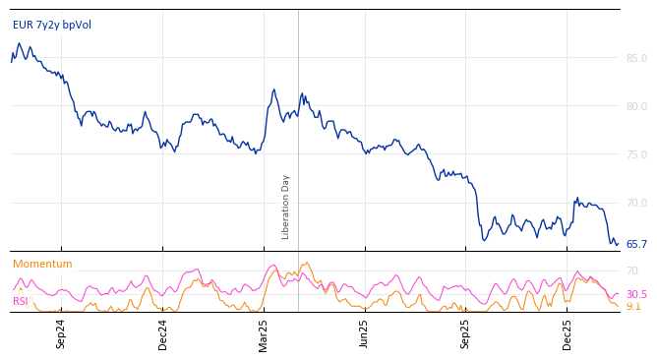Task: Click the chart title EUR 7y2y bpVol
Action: tap(52, 25)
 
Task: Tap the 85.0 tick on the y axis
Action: tap(636, 58)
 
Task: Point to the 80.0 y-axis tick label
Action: tap(636, 106)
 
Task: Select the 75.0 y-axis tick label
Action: tap(636, 154)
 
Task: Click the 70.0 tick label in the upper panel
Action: tap(636, 203)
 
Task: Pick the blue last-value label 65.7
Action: tap(636, 244)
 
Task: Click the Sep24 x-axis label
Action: tap(61, 332)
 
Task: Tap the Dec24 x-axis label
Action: tap(163, 332)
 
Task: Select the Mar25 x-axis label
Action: tap(264, 332)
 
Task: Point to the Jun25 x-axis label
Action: tap(365, 332)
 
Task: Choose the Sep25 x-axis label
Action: tap(466, 332)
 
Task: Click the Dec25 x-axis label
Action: tap(567, 332)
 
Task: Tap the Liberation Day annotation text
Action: tap(286, 207)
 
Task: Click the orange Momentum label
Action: tap(42, 264)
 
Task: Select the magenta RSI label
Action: tap(20, 301)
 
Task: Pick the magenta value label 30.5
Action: tap(636, 294)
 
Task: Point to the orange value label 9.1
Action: tap(633, 306)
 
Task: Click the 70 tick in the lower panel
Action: tap(632, 270)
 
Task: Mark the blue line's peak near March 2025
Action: tap(274, 90)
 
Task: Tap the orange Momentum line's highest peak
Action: tap(307, 263)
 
